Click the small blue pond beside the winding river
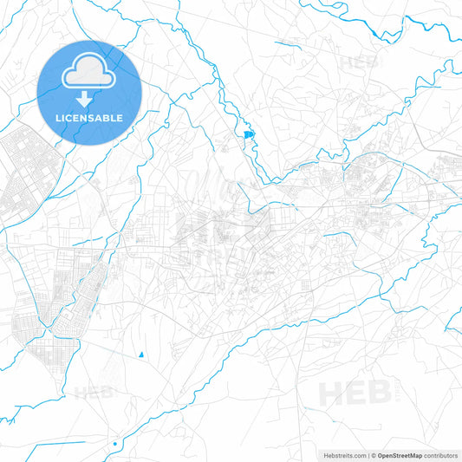(x=249, y=134)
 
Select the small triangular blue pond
(x=140, y=354)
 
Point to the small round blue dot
(x=114, y=444)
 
